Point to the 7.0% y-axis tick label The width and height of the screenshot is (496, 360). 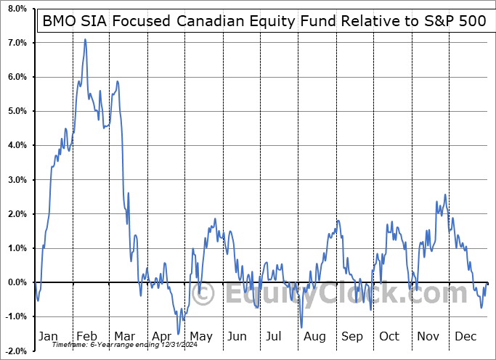17,43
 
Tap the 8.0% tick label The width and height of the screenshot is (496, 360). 17,9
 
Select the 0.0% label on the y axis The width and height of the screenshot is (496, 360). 17,282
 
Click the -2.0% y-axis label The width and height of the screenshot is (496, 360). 15,351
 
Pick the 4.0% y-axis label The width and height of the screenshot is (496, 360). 17,146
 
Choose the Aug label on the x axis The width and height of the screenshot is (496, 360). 314,337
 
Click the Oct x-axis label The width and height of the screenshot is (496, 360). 389,337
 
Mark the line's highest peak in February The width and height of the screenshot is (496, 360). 85,39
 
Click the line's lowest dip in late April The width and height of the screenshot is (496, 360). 178,333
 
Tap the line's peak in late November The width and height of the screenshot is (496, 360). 444,195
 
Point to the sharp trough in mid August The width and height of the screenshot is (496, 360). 301,327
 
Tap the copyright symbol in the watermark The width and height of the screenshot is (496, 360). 205,295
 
